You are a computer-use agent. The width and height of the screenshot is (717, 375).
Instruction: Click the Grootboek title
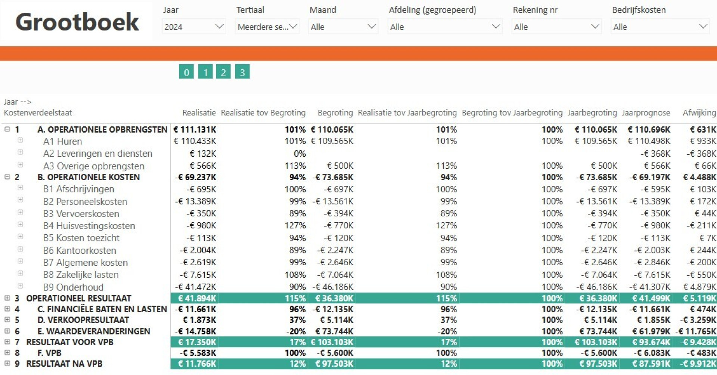(77, 22)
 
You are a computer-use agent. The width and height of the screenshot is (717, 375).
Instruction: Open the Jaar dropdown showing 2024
(194, 26)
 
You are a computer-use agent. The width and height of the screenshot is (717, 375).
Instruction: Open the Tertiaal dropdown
(267, 26)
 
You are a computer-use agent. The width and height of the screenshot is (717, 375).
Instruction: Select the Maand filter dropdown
(343, 26)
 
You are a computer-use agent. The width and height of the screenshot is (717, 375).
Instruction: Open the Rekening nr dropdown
(556, 26)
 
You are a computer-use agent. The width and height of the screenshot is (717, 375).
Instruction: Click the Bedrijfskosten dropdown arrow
(703, 26)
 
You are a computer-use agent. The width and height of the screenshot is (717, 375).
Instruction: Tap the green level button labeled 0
(186, 72)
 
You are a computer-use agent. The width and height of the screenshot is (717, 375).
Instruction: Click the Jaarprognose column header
(646, 113)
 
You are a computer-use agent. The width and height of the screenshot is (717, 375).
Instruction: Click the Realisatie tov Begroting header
(263, 113)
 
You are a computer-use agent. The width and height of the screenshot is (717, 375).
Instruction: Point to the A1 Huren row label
(62, 141)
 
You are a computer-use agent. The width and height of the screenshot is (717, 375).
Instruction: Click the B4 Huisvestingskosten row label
(89, 226)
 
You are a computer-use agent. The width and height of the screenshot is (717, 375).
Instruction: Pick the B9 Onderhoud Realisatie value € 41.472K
(195, 287)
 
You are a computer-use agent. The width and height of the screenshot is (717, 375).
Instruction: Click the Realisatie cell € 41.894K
(197, 298)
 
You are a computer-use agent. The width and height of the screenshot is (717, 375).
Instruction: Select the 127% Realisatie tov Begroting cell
(295, 225)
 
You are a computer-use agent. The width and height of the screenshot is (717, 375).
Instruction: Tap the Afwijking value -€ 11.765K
(696, 331)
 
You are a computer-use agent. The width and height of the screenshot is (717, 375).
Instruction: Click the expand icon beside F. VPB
(7, 352)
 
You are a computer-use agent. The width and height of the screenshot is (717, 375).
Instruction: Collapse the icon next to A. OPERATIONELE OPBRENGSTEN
(7, 129)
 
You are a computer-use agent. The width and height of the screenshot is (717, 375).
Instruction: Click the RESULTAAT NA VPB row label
(64, 363)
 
